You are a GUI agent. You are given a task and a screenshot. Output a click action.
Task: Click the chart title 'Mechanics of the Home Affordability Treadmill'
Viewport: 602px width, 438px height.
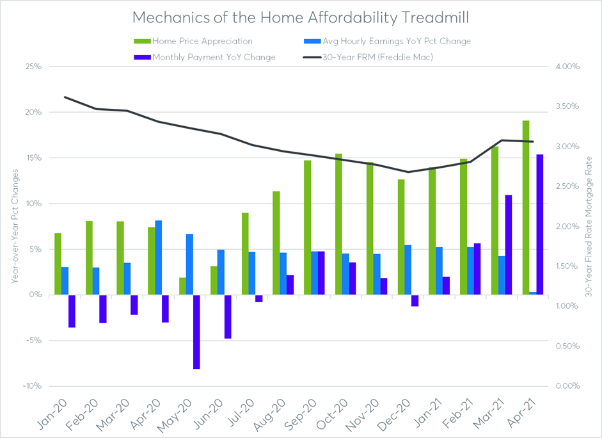[x=301, y=16]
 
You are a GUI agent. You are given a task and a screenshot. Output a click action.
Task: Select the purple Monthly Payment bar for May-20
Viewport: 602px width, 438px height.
[x=196, y=332]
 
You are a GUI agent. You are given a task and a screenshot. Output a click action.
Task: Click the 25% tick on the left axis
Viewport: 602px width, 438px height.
[x=33, y=67]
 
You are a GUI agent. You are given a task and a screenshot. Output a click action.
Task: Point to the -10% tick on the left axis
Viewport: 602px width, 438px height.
[x=32, y=386]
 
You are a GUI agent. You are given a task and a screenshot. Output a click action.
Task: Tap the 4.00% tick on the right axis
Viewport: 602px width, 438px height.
[x=568, y=67]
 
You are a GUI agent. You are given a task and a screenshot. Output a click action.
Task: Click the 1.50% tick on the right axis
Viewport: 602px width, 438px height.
[x=568, y=266]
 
